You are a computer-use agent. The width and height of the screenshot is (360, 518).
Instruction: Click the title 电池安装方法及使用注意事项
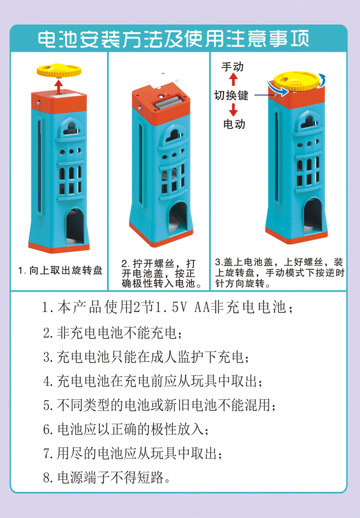(173, 39)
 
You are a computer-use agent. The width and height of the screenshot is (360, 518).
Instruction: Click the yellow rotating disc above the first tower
(59, 71)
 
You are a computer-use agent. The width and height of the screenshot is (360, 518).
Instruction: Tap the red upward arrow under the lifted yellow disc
(59, 86)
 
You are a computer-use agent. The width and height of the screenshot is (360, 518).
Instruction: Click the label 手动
(232, 66)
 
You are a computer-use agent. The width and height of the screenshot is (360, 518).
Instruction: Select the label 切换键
(231, 95)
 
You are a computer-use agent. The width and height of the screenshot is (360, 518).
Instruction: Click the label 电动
(234, 124)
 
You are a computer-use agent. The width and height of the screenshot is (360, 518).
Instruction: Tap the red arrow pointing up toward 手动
(233, 79)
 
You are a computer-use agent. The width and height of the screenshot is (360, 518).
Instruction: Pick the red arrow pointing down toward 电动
(233, 110)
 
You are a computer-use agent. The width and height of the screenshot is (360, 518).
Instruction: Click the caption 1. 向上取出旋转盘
(60, 271)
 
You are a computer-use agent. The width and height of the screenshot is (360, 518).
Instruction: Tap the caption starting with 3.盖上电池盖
(280, 273)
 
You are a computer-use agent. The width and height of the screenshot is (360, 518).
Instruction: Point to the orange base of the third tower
(296, 236)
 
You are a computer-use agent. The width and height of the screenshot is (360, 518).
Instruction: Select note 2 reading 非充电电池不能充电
(113, 333)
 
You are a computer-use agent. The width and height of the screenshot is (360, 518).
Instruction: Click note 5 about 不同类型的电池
(160, 405)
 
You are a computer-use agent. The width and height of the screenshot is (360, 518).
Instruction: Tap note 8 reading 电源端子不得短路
(107, 477)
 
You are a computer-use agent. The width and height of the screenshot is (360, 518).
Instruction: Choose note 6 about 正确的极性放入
(126, 429)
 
